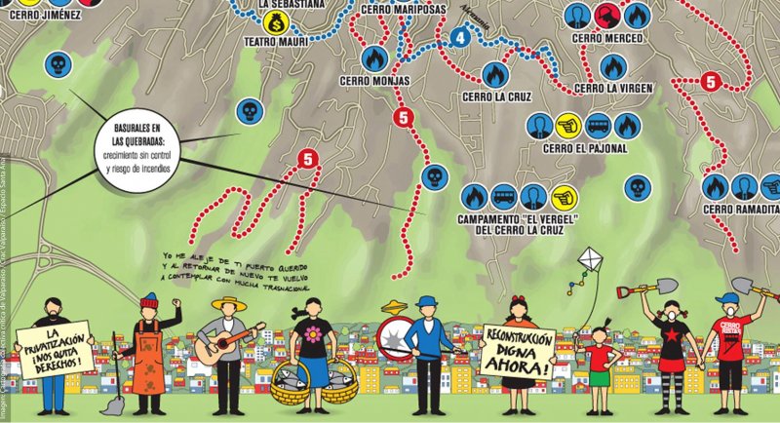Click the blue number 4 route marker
point(461,38)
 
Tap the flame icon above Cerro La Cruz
point(494,74)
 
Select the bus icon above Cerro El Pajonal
point(599,125)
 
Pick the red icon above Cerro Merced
point(606,15)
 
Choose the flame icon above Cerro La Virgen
point(612,66)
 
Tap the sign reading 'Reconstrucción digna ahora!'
point(519,352)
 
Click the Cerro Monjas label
point(375,81)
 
